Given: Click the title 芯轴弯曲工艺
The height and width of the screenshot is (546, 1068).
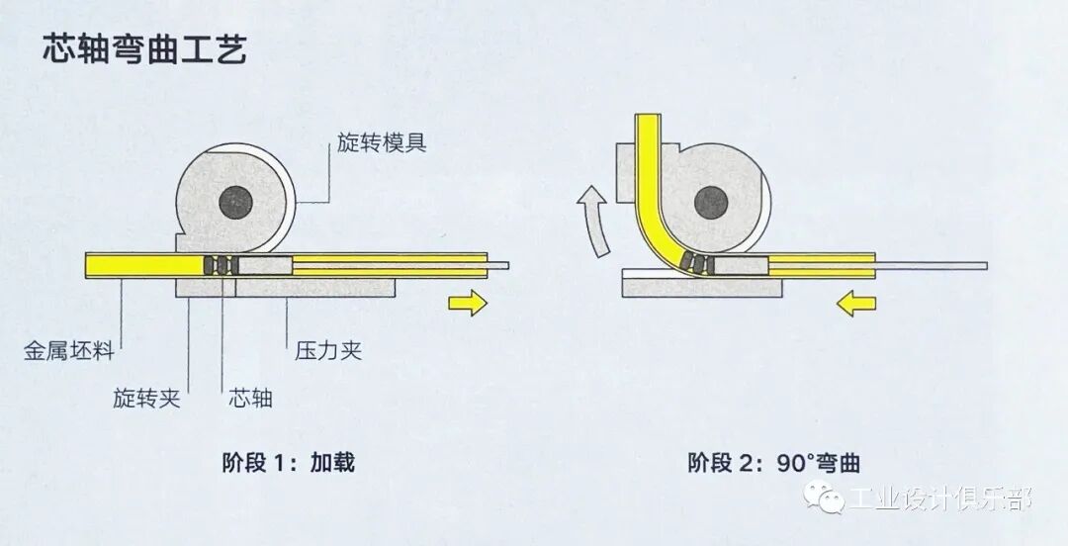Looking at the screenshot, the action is (144, 47).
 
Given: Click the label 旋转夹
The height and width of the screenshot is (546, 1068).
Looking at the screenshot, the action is (145, 400).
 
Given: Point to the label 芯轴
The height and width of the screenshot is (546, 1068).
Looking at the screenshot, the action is (249, 400).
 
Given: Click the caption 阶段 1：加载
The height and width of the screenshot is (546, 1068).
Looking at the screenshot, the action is (287, 462).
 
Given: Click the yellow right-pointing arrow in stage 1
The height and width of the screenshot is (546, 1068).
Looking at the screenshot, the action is (467, 302).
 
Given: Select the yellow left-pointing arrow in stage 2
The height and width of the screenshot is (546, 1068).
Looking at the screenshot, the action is (856, 305).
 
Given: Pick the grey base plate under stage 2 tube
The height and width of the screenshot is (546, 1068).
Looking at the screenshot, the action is (702, 287).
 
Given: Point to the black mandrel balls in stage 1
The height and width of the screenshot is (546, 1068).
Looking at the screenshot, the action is (220, 265).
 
